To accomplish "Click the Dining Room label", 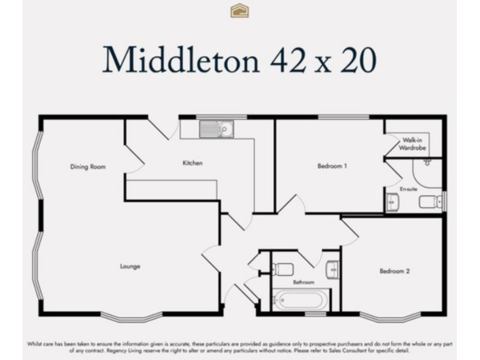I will pos(87,167).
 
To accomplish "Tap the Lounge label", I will pos(130,266).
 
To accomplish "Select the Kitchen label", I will pos(192,163).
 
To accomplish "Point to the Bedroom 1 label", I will pos(332,166).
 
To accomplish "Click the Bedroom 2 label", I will pos(394,271).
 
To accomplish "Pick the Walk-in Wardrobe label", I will pos(414,144).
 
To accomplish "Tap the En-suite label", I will pos(409,188).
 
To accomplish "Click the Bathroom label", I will pos(304,282).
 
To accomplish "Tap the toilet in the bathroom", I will pos(283,269).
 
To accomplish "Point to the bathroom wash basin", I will pos(332,269).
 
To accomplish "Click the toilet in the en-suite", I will pos(430,201).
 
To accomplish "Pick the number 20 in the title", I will pos(356,60).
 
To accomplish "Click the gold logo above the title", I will pos(239,11).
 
